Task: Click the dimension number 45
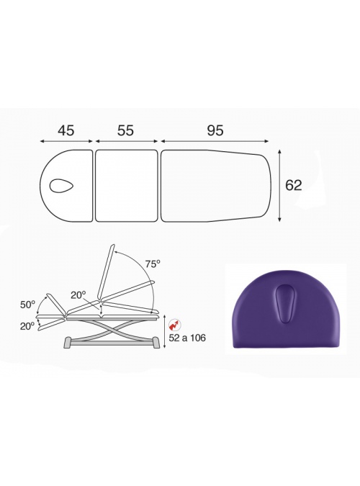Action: (66, 130)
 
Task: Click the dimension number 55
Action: (125, 130)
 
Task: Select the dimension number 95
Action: (215, 130)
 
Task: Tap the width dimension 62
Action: (293, 185)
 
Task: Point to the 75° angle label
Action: (153, 264)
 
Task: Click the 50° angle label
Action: (27, 305)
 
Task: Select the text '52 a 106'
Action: (187, 338)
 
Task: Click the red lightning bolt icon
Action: (174, 325)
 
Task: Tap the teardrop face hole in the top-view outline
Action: (61, 186)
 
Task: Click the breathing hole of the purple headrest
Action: (285, 302)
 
